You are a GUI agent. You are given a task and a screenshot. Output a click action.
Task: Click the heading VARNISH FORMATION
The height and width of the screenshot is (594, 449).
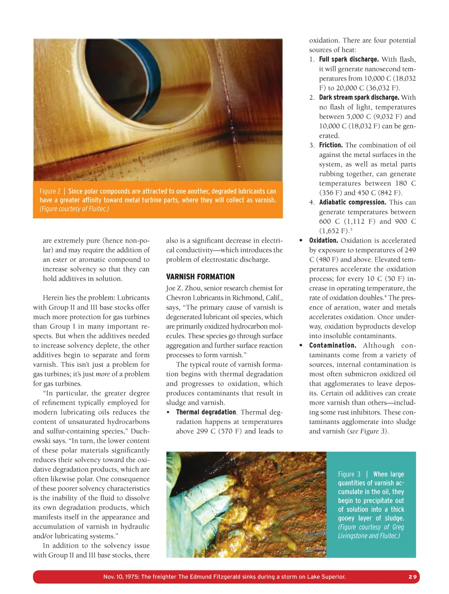click(200, 277)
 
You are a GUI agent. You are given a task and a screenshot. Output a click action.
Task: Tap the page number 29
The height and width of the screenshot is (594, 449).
click(413, 577)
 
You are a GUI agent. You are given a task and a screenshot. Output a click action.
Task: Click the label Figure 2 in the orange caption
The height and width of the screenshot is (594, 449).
click(50, 192)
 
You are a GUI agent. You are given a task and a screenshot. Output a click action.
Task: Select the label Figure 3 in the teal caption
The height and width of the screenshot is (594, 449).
click(349, 474)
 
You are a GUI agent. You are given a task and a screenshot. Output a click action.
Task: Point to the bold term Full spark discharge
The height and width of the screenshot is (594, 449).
click(349, 59)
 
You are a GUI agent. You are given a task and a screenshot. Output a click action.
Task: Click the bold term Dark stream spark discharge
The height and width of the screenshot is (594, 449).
click(359, 97)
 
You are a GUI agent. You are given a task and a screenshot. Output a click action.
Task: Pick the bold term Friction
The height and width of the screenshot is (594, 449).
click(331, 145)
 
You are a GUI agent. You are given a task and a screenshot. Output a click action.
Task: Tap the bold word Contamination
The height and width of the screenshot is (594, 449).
click(332, 345)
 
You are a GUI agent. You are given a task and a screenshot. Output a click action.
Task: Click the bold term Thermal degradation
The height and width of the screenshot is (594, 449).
click(206, 412)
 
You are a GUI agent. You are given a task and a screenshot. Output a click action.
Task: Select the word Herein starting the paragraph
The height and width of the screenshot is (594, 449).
click(52, 298)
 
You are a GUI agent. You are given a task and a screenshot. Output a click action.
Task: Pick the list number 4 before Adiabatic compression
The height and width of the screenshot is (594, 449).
click(311, 202)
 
